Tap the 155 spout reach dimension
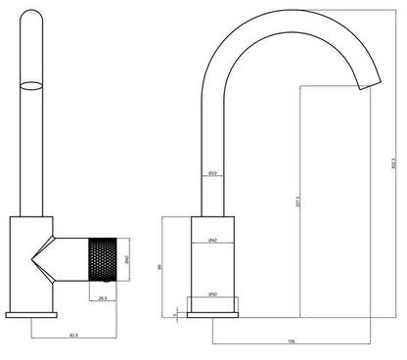click(x=291, y=341)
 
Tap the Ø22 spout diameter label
click(x=211, y=173)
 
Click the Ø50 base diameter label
click(x=212, y=294)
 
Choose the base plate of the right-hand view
click(x=212, y=314)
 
